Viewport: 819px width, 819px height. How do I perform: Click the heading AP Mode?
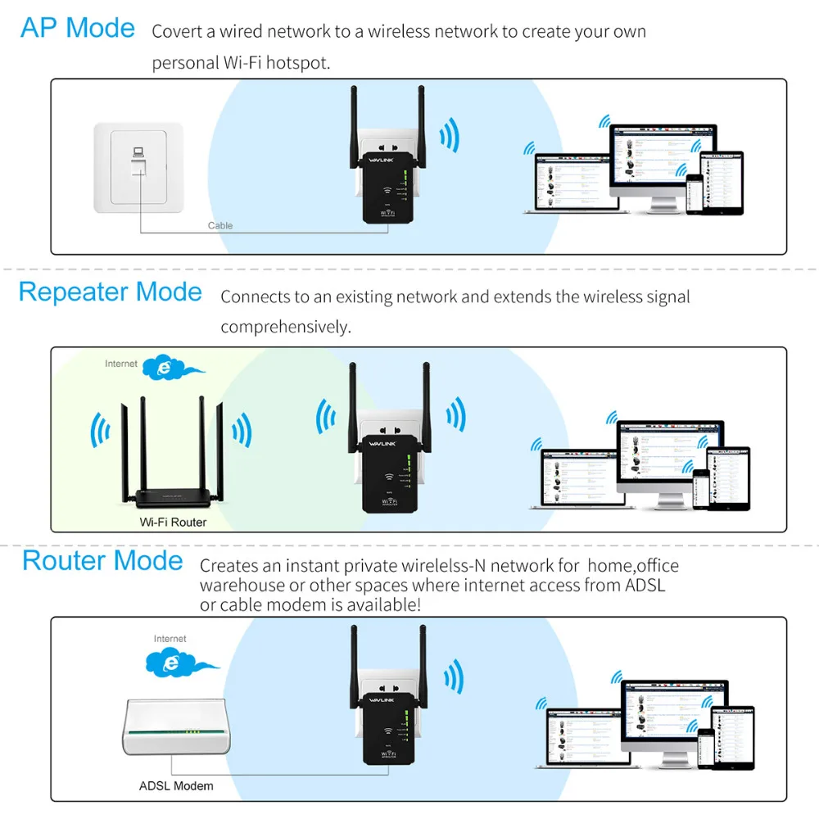[x=78, y=28]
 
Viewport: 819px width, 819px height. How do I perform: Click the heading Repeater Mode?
[x=110, y=292]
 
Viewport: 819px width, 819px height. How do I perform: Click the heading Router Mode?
[x=102, y=561]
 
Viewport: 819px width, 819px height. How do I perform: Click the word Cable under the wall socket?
[x=220, y=225]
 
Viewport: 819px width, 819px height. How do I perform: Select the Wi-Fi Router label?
[x=172, y=522]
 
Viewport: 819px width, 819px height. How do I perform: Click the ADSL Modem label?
[x=176, y=785]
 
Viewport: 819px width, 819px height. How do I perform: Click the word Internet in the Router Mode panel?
[x=170, y=638]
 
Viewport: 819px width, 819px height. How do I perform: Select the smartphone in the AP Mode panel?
[x=695, y=193]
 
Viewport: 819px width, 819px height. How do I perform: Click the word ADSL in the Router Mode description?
[x=645, y=585]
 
